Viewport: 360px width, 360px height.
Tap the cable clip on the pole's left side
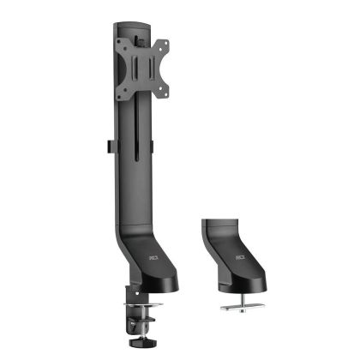pos(105,148)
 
